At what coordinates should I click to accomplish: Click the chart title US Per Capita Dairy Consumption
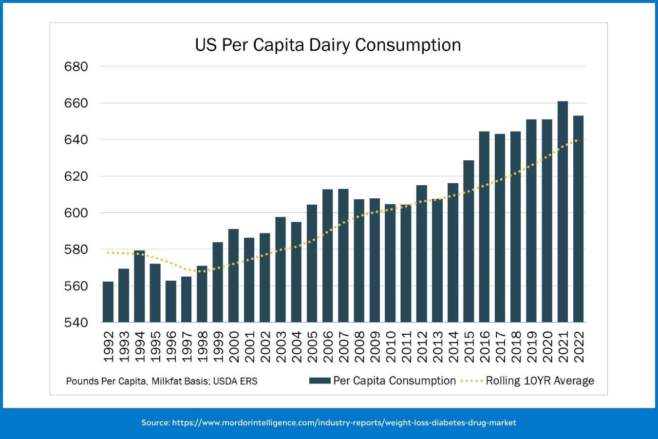(328, 45)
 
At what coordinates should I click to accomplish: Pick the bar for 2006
(328, 256)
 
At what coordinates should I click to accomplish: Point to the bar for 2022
(578, 219)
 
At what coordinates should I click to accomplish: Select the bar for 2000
(233, 276)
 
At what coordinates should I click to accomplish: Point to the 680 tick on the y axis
(76, 67)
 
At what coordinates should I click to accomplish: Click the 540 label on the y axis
(76, 323)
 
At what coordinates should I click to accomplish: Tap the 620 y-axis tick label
(76, 176)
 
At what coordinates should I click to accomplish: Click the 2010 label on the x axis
(391, 347)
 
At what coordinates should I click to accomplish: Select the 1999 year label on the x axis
(218, 347)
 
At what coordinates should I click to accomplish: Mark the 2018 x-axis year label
(516, 347)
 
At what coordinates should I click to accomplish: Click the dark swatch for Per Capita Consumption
(320, 381)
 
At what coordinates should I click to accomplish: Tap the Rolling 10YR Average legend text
(540, 381)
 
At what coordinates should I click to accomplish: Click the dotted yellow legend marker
(471, 381)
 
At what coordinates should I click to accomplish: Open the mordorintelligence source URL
(344, 422)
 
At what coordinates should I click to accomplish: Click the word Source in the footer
(155, 422)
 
